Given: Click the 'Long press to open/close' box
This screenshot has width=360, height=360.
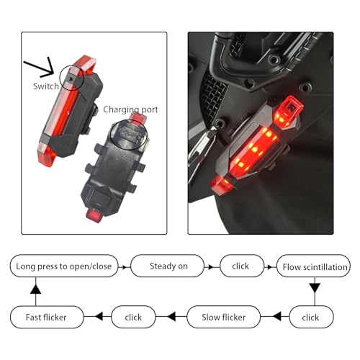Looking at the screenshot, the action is pos(64,266).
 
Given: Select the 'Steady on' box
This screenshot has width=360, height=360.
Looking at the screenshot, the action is pos(168,266).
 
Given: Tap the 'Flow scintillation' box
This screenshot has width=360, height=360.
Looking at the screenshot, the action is pos(314,266).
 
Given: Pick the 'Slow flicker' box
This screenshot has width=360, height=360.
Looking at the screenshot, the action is pos(223,317).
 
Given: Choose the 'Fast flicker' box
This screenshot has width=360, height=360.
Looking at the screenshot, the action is pos(47,317).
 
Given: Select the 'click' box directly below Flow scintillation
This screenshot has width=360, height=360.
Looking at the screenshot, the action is pos(312,317).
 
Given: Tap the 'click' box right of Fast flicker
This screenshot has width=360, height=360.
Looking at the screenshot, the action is pos(133,317).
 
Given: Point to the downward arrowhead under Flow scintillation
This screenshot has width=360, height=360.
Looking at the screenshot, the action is pos(315,288).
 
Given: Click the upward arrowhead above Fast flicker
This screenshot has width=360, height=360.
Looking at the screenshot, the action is pos(36,289).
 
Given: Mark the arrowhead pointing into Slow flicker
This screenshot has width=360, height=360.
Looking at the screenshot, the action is pos(277,317).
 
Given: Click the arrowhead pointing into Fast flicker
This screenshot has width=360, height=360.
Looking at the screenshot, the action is pos(99,317).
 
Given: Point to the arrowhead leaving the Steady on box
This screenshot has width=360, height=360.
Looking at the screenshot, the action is pos(211,267).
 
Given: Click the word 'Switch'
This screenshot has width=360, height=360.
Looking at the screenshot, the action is pos(46,86).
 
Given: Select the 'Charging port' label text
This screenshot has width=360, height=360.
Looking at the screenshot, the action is pos(130,109).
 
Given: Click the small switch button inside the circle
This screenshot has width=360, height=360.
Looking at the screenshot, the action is pos(70,78).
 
